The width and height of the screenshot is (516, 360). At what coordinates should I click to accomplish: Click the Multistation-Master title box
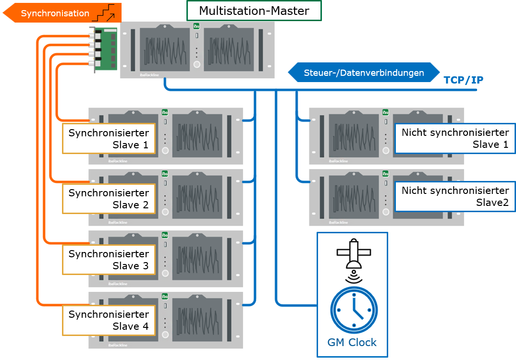(254, 11)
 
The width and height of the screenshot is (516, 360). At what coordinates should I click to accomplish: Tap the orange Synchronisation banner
(55, 13)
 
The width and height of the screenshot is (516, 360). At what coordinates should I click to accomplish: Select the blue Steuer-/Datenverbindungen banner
(364, 73)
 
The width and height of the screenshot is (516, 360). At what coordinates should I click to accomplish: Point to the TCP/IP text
(463, 80)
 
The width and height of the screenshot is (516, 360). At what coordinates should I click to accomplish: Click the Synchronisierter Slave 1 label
(109, 139)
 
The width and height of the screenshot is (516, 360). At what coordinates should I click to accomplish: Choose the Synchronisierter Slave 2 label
(109, 199)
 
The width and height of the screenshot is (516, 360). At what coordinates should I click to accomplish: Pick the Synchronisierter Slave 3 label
(109, 260)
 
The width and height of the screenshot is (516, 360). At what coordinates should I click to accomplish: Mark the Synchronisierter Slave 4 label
(109, 320)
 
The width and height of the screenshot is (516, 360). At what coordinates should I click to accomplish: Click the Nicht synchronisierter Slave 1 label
(455, 138)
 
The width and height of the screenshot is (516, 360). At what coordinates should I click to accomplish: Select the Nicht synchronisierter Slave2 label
(455, 196)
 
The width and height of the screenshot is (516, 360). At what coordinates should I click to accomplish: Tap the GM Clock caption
(352, 343)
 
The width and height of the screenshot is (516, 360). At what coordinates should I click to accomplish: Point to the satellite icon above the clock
(354, 253)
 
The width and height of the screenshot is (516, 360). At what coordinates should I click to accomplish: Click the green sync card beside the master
(104, 50)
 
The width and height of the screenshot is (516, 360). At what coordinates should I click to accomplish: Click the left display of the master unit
(164, 49)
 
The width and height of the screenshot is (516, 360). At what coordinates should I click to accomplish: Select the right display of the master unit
(229, 49)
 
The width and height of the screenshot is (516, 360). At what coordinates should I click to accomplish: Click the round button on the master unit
(196, 64)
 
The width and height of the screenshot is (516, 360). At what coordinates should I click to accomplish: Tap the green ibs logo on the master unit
(196, 26)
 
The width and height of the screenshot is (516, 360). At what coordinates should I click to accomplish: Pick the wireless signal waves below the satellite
(354, 277)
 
